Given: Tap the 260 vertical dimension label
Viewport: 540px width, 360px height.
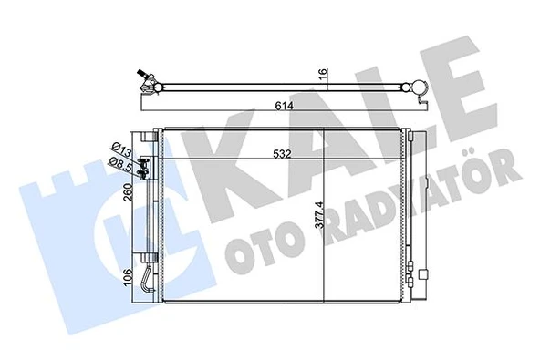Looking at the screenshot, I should click(x=128, y=193).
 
